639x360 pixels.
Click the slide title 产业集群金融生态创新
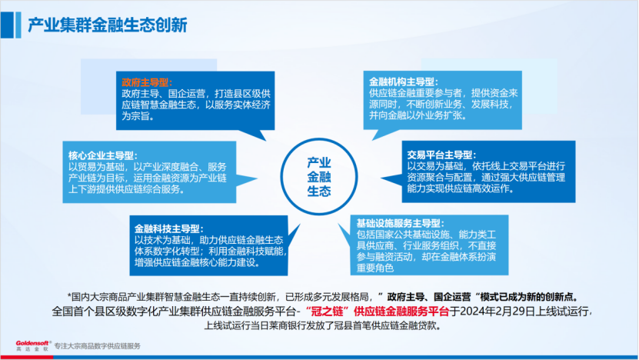click(x=107, y=25)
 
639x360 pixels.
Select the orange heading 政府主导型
click(x=147, y=82)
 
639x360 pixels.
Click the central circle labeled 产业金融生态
click(x=318, y=176)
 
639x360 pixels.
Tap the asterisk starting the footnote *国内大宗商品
click(x=70, y=297)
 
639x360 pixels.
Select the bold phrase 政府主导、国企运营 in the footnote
click(x=430, y=296)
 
